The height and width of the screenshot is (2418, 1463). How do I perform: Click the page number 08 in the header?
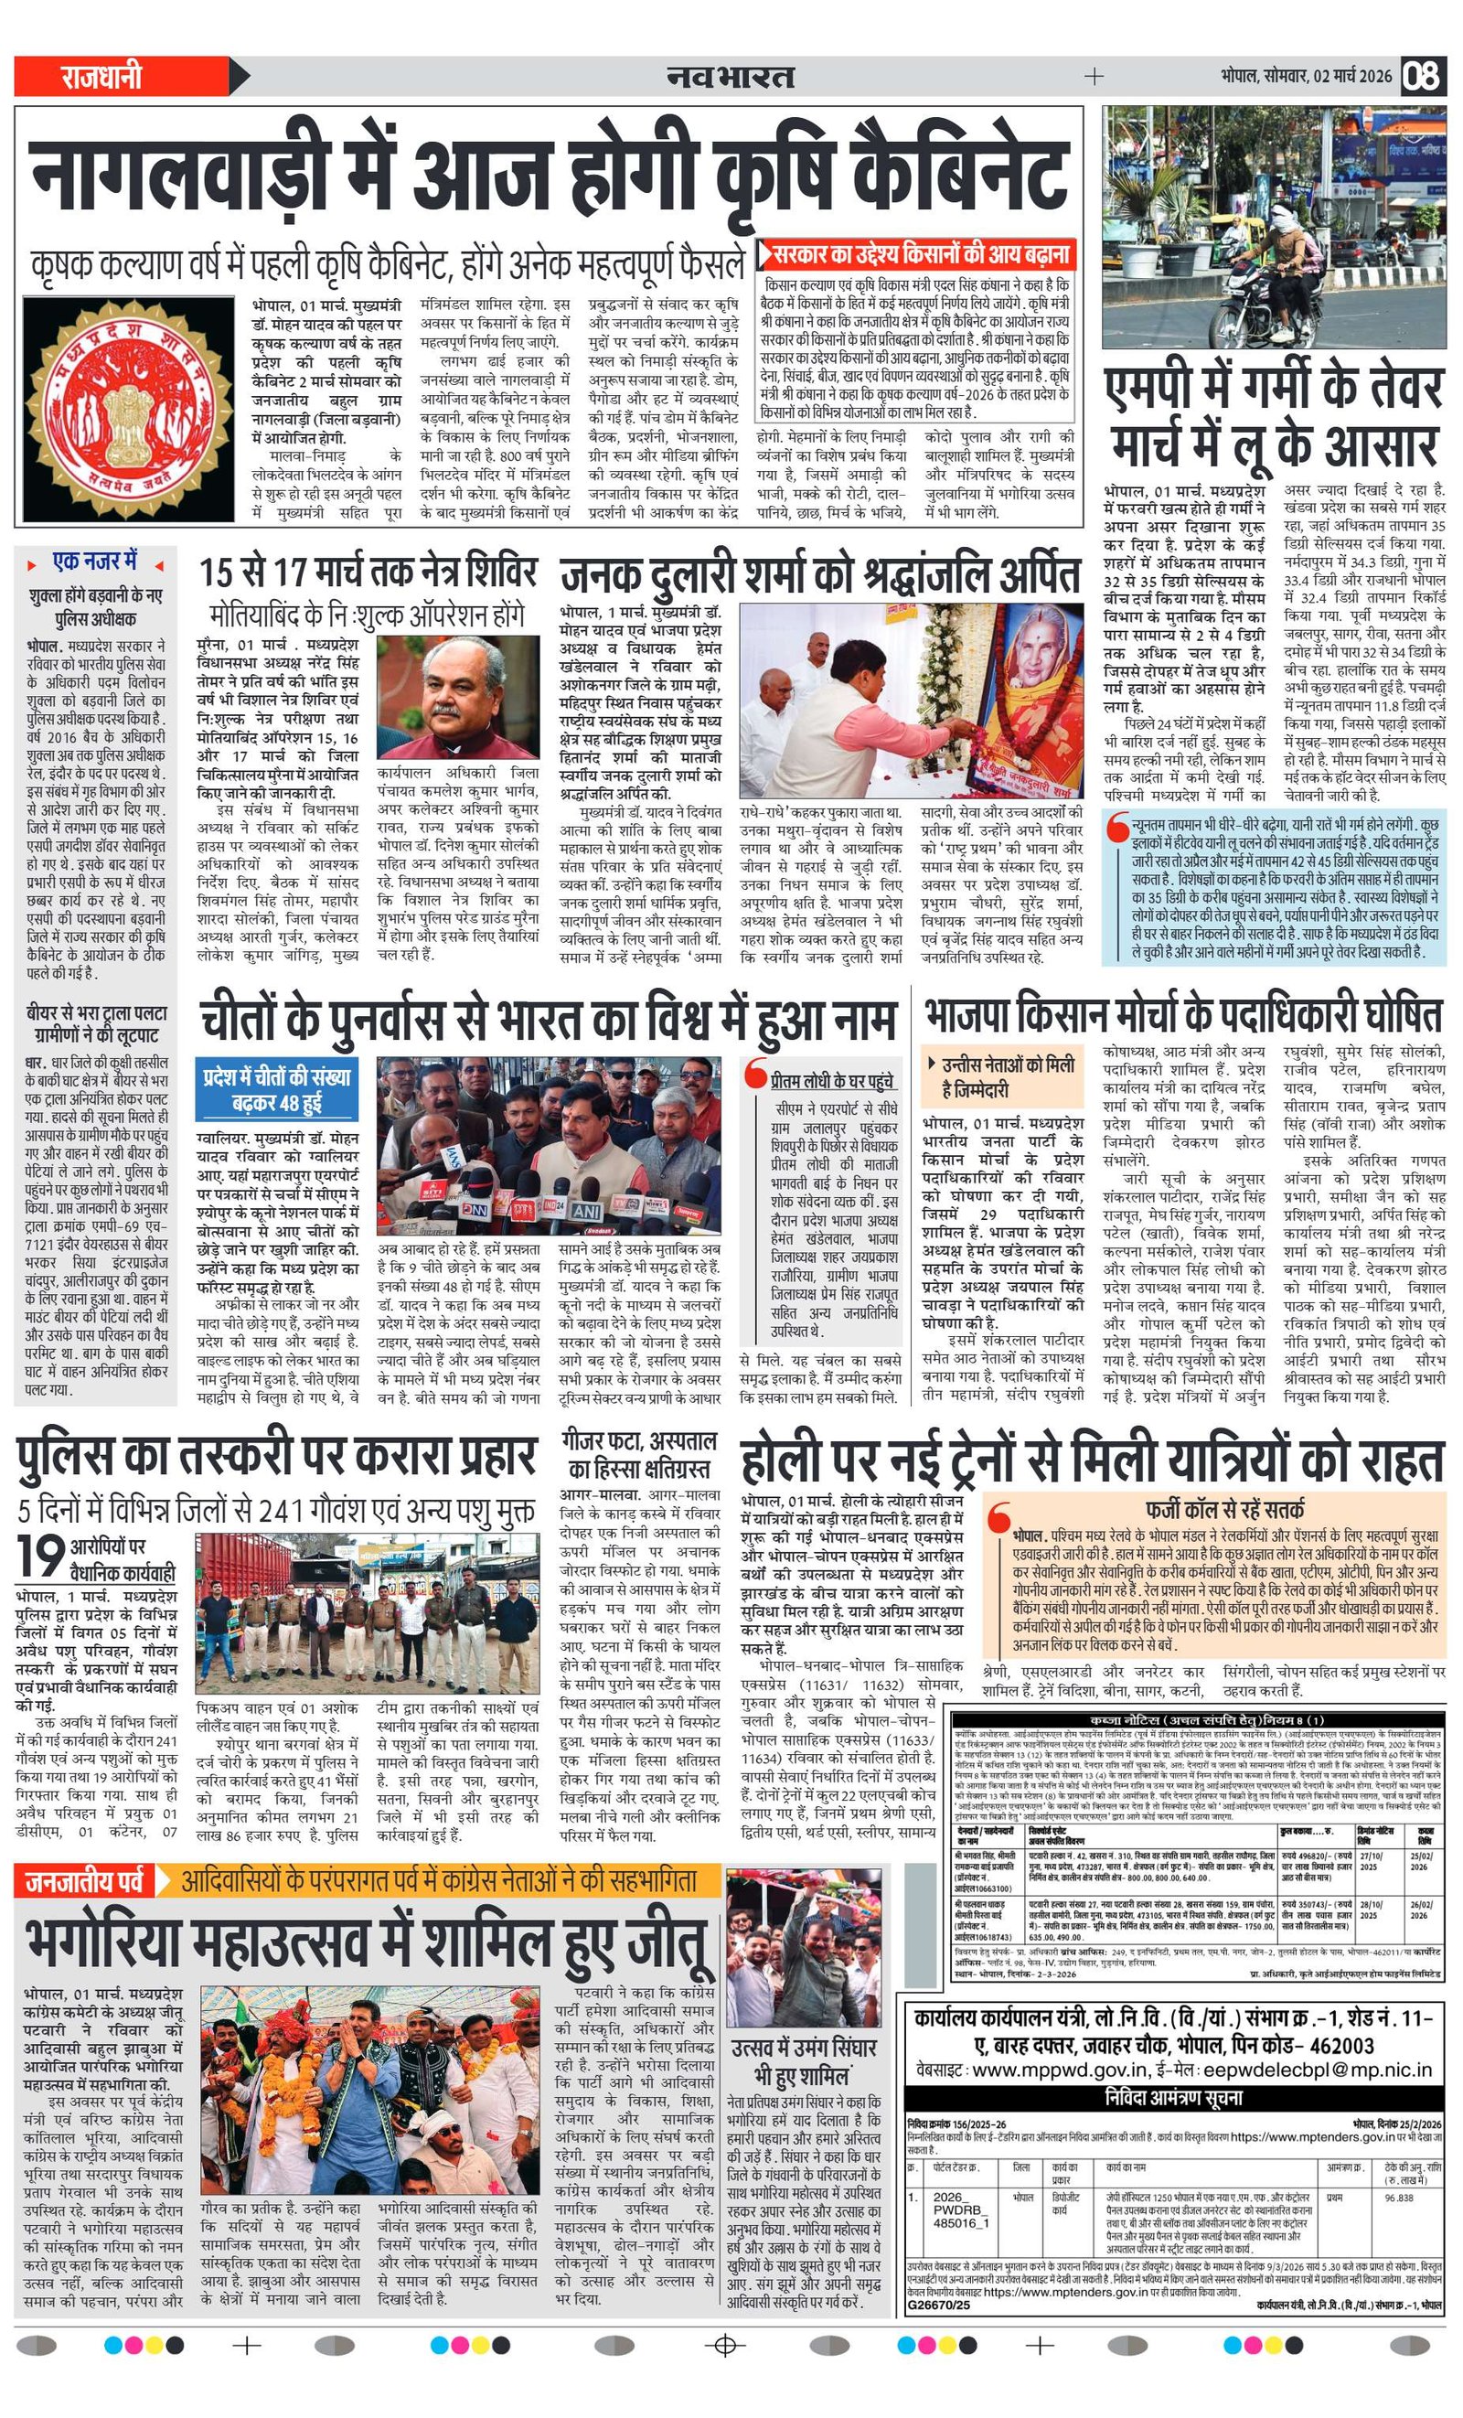pos(1423,76)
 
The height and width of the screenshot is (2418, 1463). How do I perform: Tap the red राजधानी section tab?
pos(102,76)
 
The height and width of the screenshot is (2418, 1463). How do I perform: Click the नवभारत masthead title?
pos(730,76)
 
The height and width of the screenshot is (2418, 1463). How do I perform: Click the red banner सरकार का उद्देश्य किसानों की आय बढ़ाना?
pos(918,254)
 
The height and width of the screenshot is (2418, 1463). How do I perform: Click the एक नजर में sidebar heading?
pos(95,562)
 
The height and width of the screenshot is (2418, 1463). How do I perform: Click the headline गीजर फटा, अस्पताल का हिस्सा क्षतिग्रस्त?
pos(639,1455)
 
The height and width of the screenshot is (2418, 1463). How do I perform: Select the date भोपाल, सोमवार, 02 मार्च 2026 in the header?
pos(1306,76)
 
